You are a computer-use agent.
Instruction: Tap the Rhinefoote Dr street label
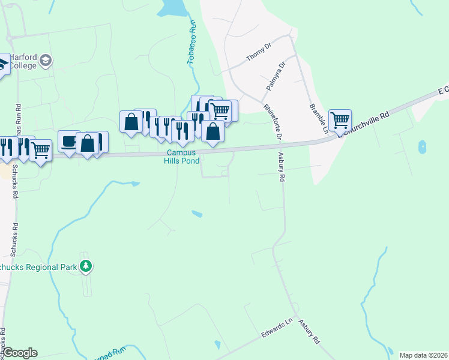273,122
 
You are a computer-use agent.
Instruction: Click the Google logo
20,353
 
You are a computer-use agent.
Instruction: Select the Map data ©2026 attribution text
423,355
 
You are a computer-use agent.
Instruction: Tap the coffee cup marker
68,142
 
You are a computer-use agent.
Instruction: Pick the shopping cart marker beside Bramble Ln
340,120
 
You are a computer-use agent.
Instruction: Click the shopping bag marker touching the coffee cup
88,143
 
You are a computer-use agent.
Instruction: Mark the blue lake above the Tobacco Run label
173,7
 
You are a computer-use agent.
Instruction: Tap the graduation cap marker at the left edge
2,65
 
